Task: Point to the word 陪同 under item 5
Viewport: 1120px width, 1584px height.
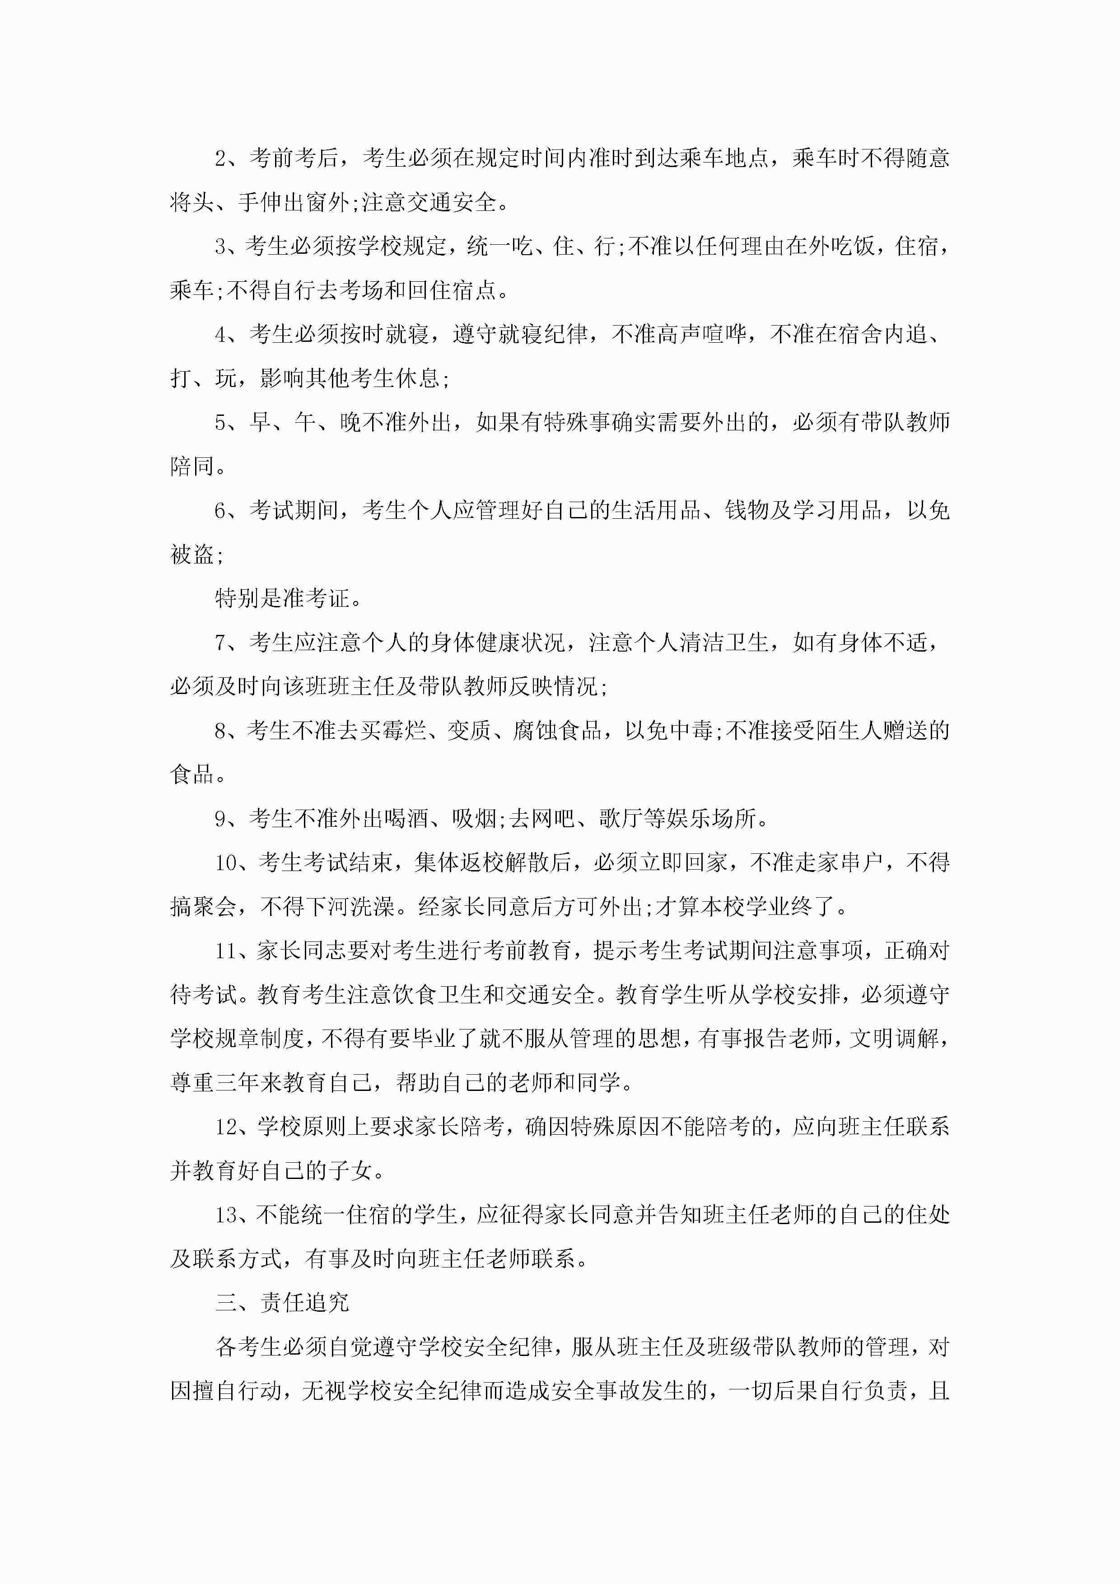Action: tap(192, 467)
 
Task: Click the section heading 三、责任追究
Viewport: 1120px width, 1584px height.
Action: tap(282, 1303)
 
